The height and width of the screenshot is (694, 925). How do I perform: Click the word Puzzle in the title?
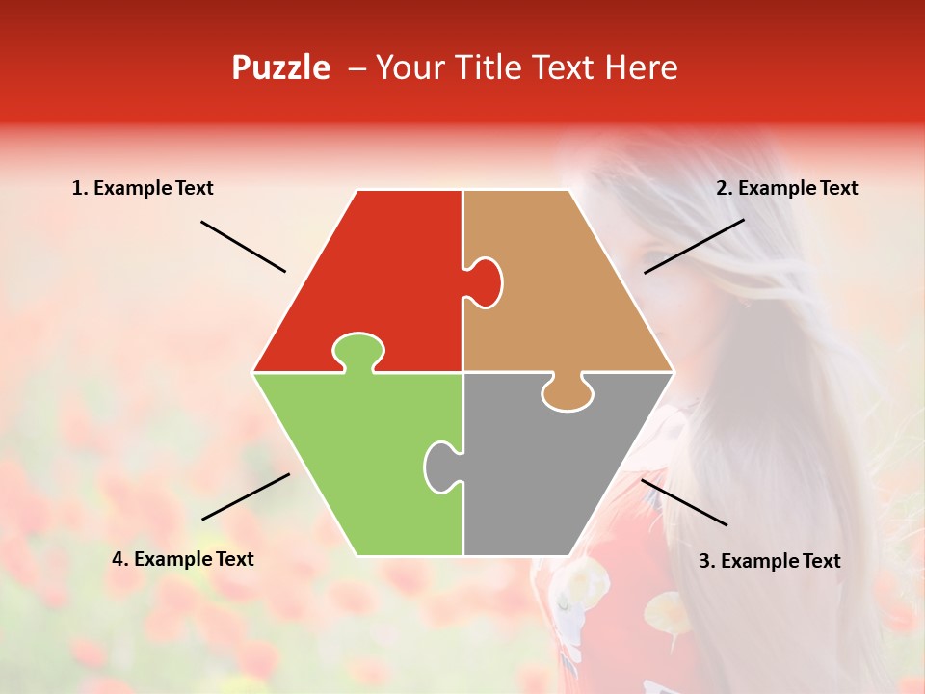(280, 68)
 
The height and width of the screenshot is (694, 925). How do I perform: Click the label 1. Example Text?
(143, 189)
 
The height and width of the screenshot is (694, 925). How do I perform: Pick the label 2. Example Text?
(786, 189)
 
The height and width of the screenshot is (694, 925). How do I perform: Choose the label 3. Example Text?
(769, 561)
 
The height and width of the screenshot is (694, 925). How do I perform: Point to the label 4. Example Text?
(183, 559)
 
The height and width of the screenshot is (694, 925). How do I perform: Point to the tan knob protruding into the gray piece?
(567, 393)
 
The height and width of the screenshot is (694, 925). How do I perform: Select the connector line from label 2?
(694, 246)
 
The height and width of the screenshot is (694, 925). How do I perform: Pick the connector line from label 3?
(684, 502)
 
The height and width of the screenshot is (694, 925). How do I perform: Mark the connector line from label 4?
(246, 496)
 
